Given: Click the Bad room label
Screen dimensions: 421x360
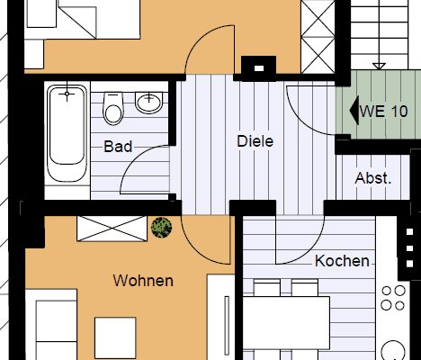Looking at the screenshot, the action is [118, 147].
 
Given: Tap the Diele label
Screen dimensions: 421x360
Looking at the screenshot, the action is [255, 141].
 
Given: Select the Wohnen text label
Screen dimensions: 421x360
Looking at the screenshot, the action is [143, 281].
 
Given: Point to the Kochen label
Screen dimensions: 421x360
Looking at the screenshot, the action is [342, 261].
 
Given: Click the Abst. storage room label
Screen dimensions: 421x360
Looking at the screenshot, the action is [373, 178].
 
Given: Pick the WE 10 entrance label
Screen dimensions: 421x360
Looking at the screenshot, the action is [384, 112].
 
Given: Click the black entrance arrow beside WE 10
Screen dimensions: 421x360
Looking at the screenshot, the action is [354, 111].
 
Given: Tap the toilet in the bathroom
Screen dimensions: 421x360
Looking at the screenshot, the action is [113, 108].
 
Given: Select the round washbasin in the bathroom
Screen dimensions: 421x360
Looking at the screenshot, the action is [149, 103].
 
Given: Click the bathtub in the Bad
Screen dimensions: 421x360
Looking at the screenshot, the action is [67, 133].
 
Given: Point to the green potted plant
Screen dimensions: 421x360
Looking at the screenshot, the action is [161, 228].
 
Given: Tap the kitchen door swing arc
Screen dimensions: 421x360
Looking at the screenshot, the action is [310, 251].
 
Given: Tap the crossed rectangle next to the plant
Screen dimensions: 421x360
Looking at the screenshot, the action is [112, 229].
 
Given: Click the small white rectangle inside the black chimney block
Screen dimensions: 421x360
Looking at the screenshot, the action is [259, 68].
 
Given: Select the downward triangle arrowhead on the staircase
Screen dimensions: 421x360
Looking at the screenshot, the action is [379, 66].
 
